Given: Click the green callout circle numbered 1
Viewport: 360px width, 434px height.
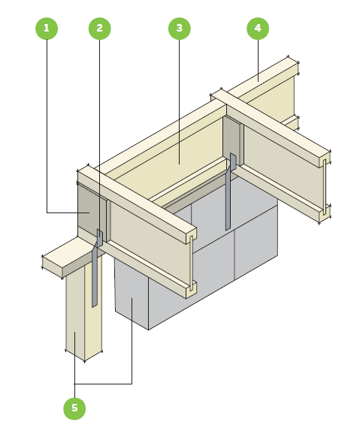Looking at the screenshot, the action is point(47,29).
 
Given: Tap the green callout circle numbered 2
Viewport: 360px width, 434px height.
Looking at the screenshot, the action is point(99,29).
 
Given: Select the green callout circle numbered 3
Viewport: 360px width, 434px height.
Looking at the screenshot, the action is point(180,29).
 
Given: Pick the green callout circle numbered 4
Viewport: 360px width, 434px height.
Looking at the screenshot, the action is point(258,29).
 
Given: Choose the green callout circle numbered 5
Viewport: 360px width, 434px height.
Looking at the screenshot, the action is point(74,408).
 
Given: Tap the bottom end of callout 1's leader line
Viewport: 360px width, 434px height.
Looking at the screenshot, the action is point(89,212).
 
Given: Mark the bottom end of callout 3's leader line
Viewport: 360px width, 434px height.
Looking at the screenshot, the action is point(180,164).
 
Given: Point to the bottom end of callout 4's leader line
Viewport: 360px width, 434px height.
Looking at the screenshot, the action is point(258,81).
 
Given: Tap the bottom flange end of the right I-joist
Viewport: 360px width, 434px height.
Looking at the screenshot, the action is point(325,213).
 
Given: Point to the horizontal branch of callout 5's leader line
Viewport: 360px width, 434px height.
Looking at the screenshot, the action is point(103,384).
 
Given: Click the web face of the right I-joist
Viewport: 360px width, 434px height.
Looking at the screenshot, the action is point(283,166).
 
